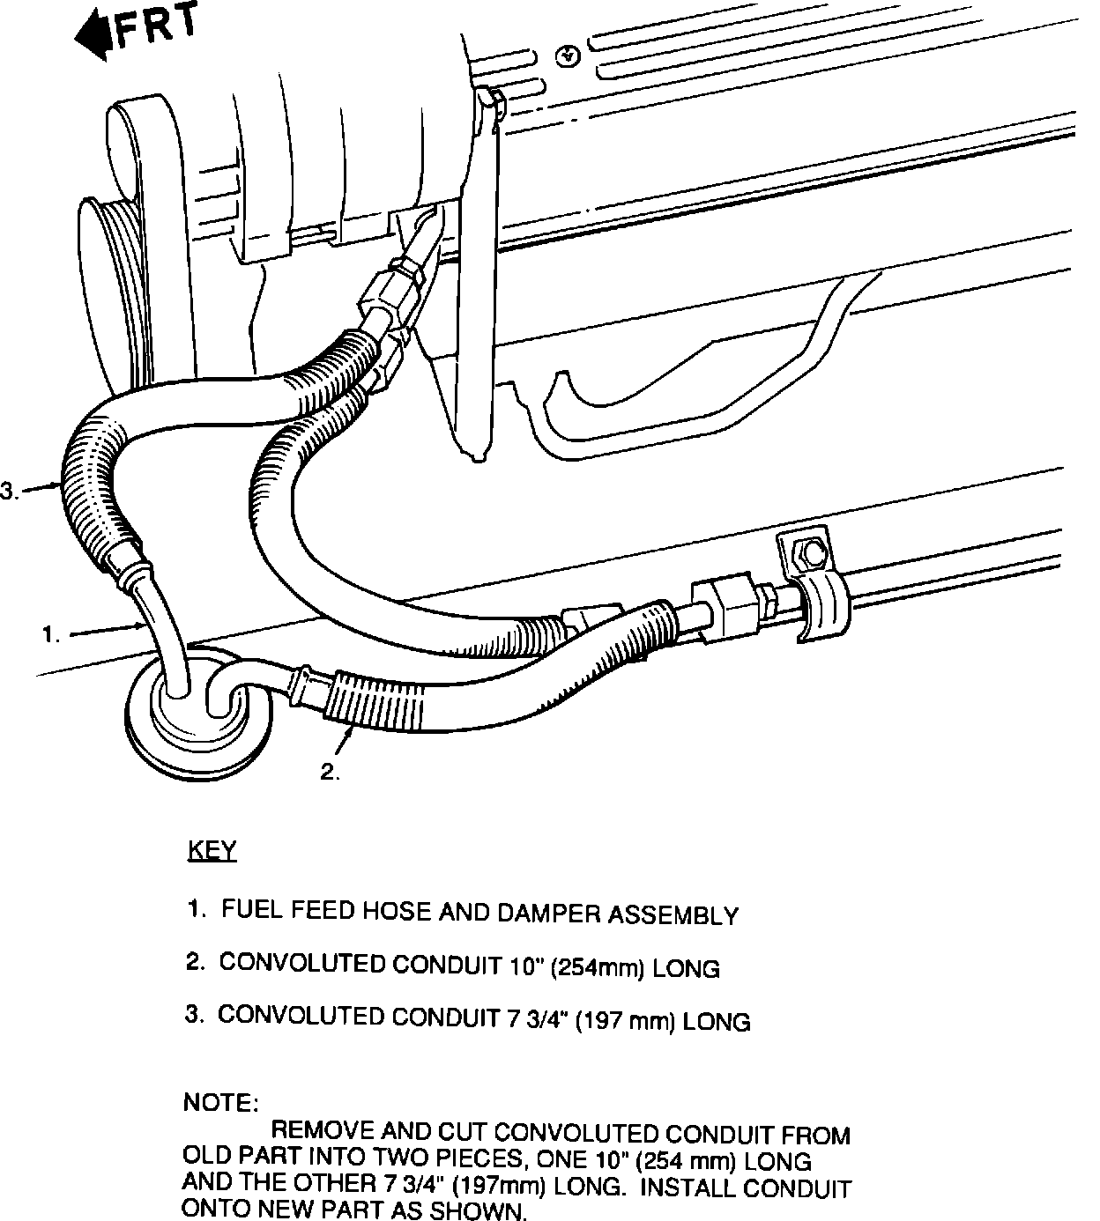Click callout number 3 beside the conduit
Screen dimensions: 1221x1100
click(8, 492)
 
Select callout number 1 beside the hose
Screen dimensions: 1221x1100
click(51, 633)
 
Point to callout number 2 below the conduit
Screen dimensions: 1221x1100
click(330, 773)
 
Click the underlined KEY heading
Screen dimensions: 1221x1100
click(212, 851)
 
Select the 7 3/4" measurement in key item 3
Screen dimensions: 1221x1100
click(537, 1020)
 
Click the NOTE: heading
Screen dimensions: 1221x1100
click(220, 1102)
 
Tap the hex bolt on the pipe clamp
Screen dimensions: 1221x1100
click(812, 554)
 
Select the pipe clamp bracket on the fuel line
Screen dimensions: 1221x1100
click(815, 599)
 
